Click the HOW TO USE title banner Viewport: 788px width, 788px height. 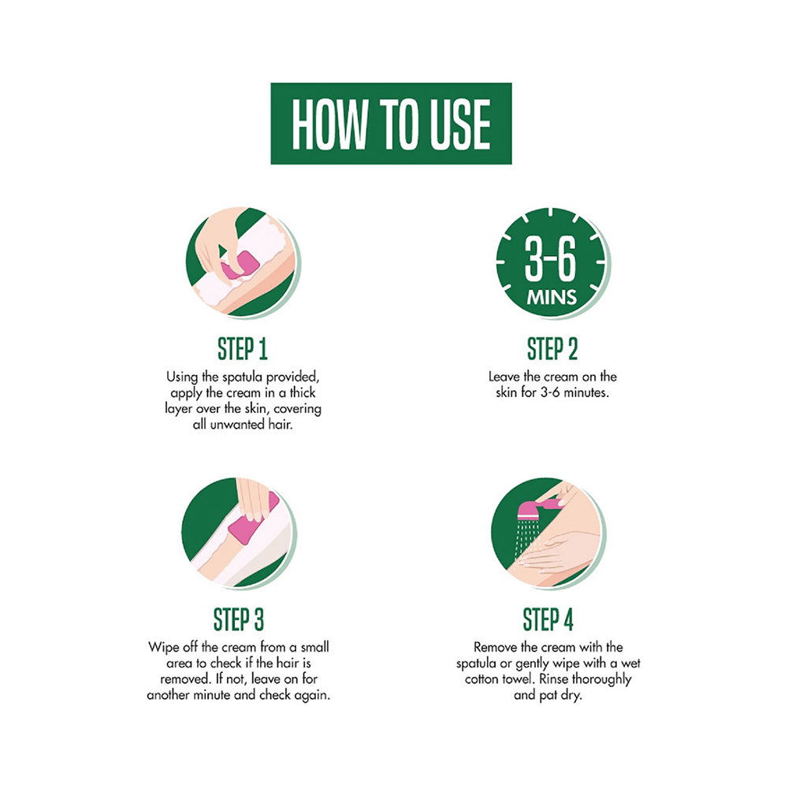coord(391,124)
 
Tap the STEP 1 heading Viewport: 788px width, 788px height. coord(242,350)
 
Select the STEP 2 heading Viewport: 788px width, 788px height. coord(552,350)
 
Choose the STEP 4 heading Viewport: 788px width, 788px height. coord(548,620)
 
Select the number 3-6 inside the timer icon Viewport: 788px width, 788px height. coord(552,263)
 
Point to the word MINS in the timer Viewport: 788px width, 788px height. coord(552,299)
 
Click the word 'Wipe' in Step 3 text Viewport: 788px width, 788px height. coord(163,648)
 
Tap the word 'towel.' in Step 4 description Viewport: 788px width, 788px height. coord(520,679)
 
